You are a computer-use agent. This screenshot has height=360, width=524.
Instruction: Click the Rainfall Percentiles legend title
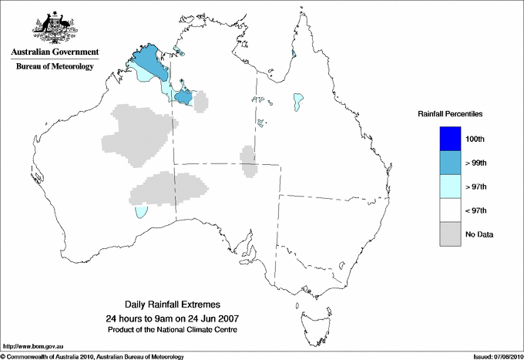pos(450,114)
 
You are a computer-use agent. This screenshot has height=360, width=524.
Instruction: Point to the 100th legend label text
pos(475,139)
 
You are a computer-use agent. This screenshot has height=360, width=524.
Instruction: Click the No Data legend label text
pos(479,234)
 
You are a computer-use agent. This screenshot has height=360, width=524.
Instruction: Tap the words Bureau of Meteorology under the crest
pos(54,67)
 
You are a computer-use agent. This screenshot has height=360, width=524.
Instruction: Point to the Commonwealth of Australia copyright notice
pos(92,356)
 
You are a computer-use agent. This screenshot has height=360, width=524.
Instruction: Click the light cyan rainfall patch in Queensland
pos(298,101)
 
